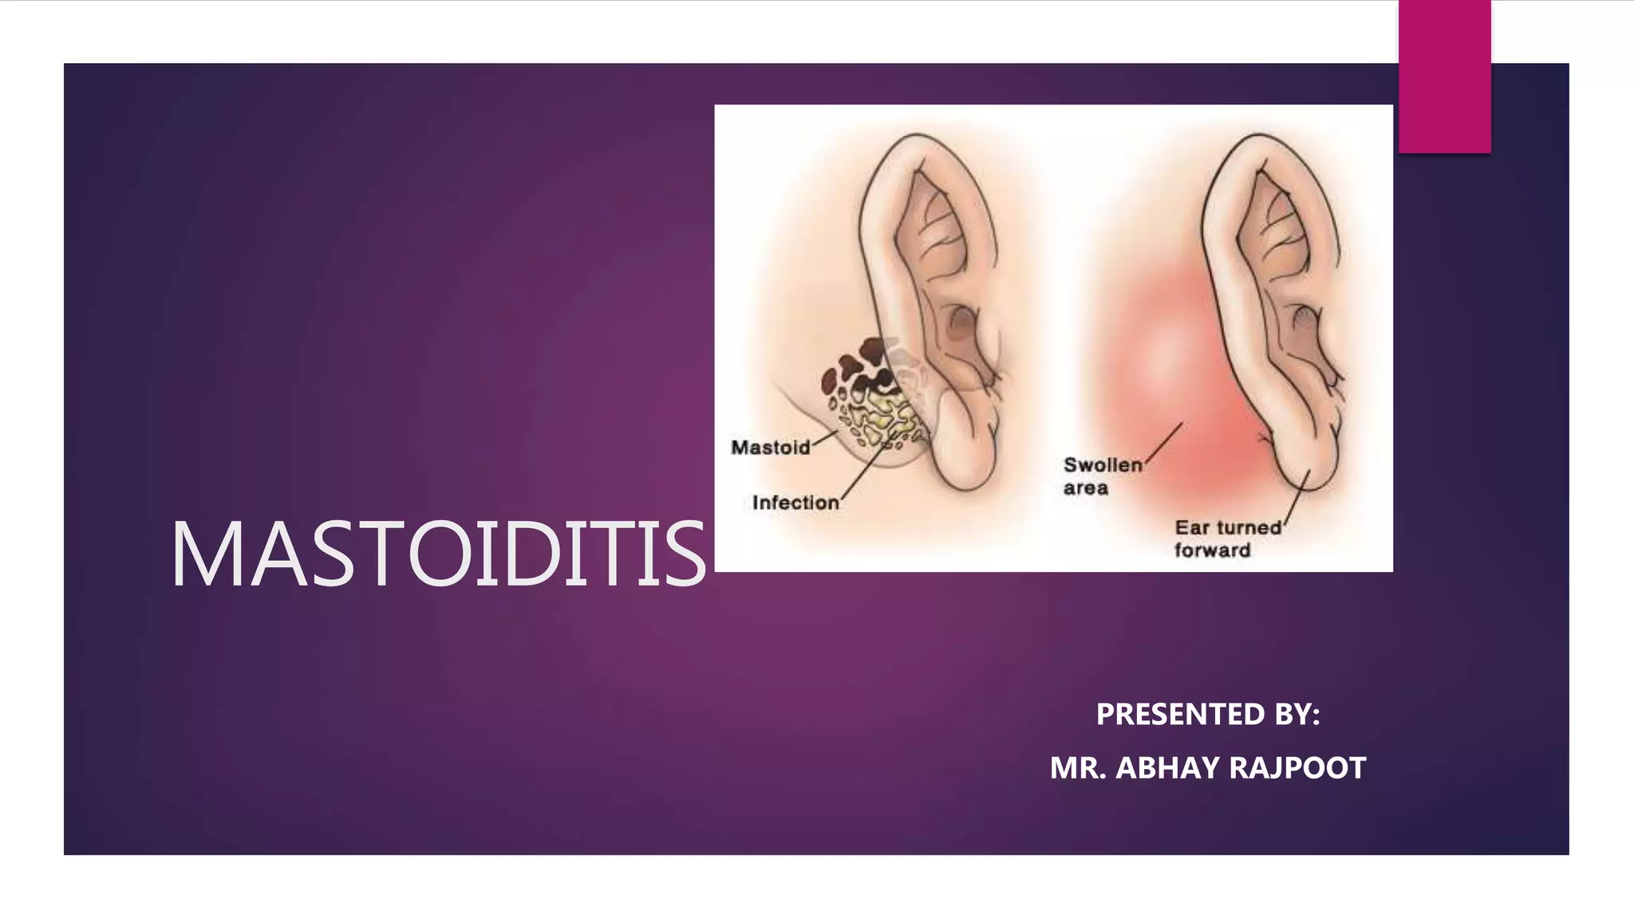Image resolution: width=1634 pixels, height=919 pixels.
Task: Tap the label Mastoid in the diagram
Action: click(770, 448)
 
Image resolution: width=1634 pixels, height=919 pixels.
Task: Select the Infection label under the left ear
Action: click(795, 503)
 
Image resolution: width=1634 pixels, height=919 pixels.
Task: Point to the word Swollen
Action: click(1103, 465)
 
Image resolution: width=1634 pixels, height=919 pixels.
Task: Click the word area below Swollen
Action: click(1085, 488)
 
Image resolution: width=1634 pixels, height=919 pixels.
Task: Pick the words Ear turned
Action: click(1228, 527)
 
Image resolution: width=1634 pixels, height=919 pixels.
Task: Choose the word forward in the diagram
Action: click(1212, 550)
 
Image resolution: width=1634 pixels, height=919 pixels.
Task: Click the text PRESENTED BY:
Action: click(1207, 714)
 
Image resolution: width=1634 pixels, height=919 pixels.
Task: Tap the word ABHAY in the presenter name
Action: click(1168, 768)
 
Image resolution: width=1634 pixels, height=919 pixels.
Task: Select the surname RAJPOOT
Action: click(1297, 768)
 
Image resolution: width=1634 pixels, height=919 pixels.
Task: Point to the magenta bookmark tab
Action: click(1444, 76)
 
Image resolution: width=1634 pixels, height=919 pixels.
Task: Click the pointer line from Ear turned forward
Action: click(1296, 495)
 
